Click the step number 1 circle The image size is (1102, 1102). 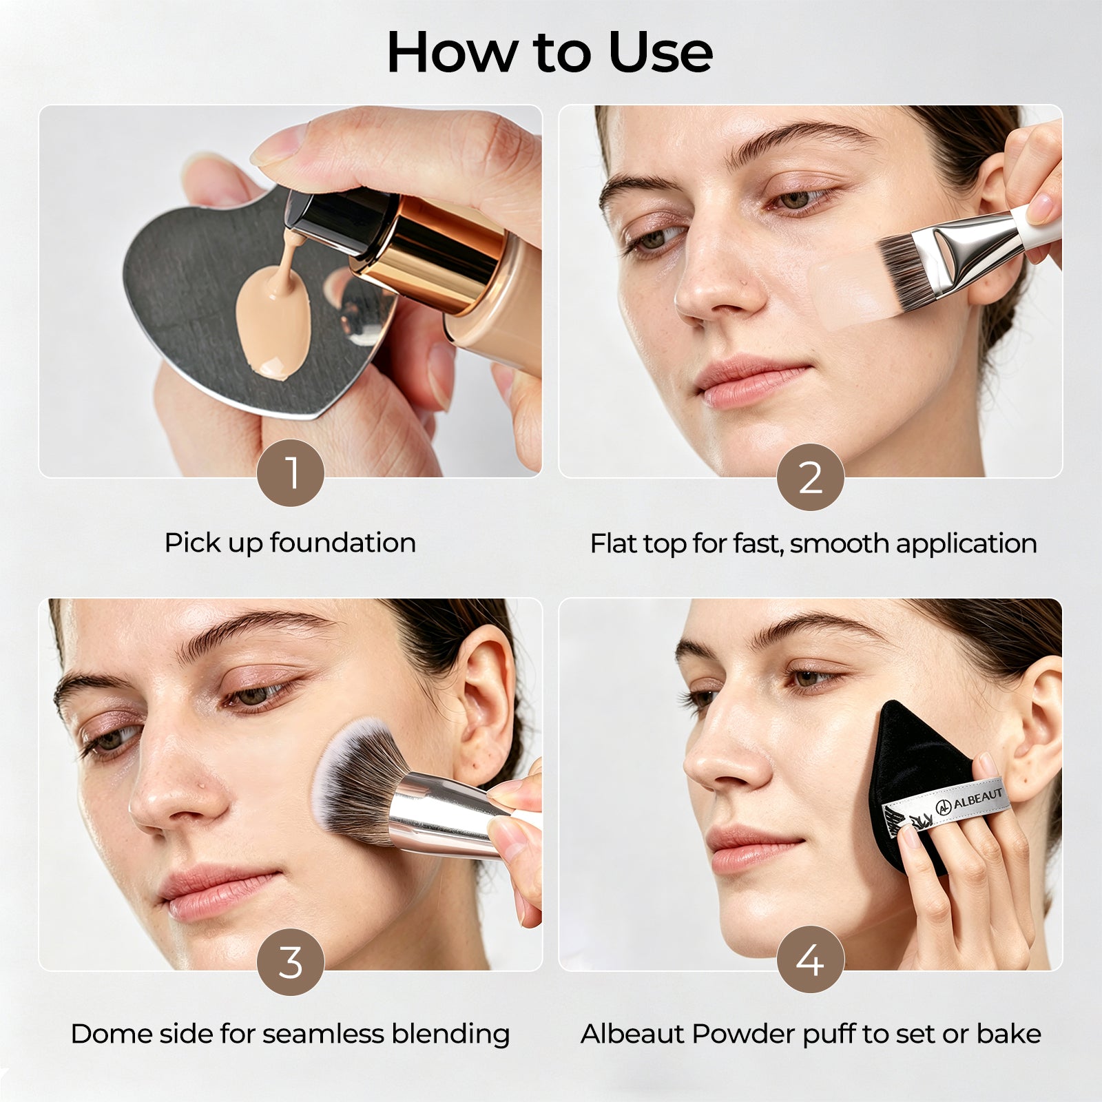pyautogui.click(x=291, y=473)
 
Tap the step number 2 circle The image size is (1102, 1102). pyautogui.click(x=811, y=477)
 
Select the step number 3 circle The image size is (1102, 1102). pyautogui.click(x=291, y=961)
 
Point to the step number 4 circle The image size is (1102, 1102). pyautogui.click(x=811, y=959)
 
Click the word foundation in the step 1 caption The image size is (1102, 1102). pyautogui.click(x=343, y=543)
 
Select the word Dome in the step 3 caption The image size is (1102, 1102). pyautogui.click(x=105, y=1034)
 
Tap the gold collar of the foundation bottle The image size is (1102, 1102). pyautogui.click(x=430, y=252)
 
